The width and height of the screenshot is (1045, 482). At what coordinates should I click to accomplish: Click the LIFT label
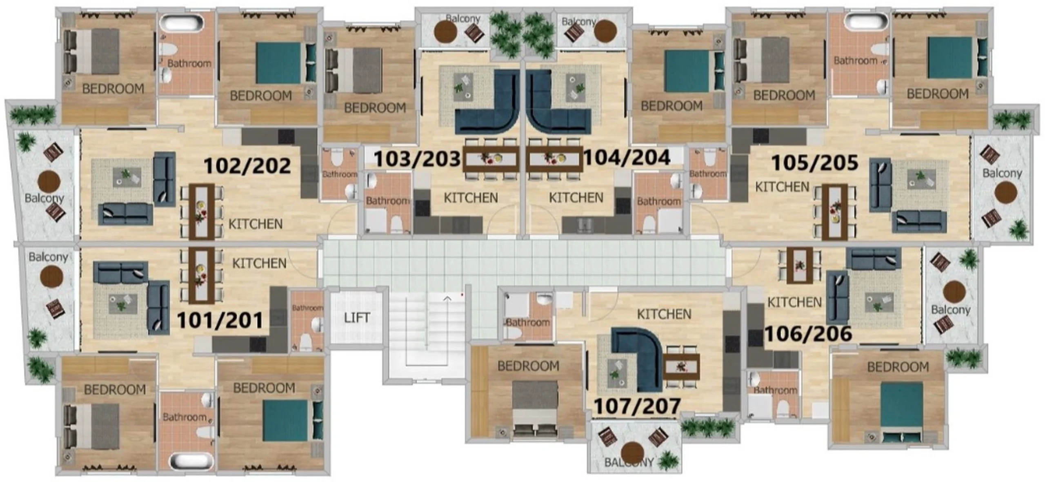[x=357, y=317]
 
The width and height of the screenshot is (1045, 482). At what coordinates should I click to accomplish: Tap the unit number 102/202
[x=247, y=165]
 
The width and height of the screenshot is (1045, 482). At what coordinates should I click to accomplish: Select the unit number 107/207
[x=637, y=406]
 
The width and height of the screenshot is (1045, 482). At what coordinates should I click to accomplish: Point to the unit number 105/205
[x=815, y=163]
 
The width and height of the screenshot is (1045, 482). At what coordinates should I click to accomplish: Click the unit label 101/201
[x=220, y=320]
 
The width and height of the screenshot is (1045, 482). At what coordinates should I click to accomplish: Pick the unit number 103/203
[x=417, y=158]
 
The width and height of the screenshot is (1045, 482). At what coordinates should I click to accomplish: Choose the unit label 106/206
[x=808, y=334]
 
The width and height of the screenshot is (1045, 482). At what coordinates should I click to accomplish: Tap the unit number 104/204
[x=627, y=157]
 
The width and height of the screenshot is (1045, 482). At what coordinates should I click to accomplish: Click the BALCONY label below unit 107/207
[x=629, y=462]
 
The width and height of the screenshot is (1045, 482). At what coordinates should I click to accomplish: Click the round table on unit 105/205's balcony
[x=1005, y=193]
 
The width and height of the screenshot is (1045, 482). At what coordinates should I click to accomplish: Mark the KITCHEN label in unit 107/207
[x=664, y=314]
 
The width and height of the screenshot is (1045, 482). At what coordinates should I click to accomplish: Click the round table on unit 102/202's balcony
[x=49, y=181]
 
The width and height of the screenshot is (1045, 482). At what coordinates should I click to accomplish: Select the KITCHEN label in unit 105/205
[x=782, y=187]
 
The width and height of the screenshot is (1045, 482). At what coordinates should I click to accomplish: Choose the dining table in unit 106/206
[x=800, y=265]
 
